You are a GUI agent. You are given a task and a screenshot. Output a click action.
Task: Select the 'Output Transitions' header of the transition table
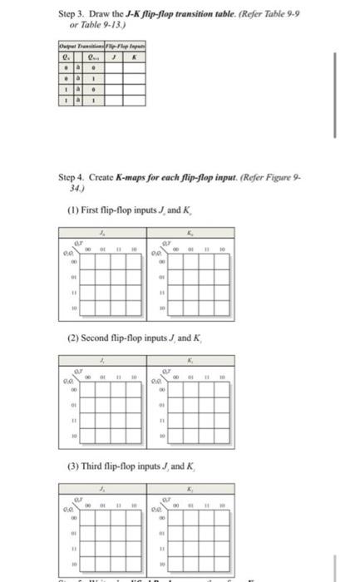77,45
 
